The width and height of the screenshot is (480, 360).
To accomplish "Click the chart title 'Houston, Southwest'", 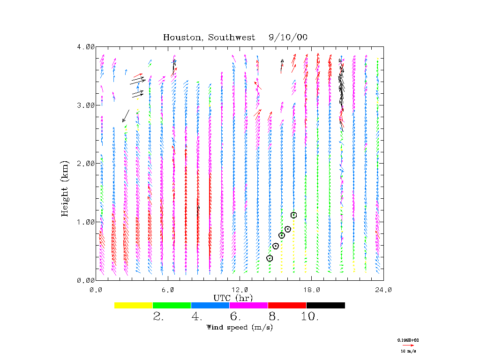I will click(209, 37).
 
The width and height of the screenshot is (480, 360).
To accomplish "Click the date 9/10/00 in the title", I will click(288, 37).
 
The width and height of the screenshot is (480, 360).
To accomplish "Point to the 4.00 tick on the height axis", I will click(86, 47).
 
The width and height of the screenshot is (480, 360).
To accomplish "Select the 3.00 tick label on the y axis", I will click(86, 105).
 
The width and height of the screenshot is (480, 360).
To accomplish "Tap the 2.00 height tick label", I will click(86, 163).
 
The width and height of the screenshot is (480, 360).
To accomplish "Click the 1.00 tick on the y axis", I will click(86, 222).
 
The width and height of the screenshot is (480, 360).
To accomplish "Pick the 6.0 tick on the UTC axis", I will click(168, 290).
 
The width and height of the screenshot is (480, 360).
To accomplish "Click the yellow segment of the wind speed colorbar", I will click(133, 305).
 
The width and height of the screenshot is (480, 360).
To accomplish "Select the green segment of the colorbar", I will click(172, 305).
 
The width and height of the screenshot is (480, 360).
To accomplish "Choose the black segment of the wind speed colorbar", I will click(325, 305).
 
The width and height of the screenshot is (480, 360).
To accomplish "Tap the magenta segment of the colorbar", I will click(248, 305).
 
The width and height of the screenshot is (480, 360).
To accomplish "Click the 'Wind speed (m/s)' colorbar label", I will click(240, 327).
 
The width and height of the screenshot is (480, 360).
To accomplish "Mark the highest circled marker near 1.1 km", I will click(294, 215).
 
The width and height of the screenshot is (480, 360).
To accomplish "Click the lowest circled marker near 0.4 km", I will click(270, 258).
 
